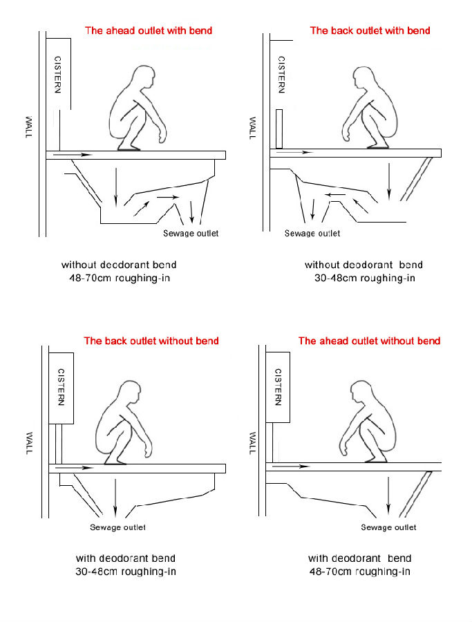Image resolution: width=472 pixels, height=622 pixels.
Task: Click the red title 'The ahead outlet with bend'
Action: [x=148, y=30]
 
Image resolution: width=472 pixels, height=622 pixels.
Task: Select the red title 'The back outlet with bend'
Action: [x=370, y=30]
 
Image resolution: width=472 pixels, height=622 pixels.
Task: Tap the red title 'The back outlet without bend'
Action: [x=151, y=341]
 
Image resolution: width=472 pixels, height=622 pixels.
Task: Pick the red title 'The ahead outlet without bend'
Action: [x=369, y=341]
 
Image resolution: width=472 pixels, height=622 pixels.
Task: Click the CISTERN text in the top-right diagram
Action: [x=281, y=75]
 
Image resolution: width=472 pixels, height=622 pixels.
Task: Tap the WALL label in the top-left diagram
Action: [x=28, y=126]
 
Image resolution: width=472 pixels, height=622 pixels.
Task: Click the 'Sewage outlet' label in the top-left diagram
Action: [x=191, y=234]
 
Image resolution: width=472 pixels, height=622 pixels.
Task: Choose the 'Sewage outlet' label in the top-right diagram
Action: [x=312, y=234]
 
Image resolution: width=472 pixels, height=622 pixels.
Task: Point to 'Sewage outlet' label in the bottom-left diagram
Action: [x=117, y=528]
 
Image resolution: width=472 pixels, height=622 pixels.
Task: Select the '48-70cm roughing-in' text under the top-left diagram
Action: [x=118, y=279]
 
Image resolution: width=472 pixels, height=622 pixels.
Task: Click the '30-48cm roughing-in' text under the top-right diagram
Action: [x=364, y=279]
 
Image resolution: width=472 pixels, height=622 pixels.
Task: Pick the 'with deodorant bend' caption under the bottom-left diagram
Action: [x=125, y=558]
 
